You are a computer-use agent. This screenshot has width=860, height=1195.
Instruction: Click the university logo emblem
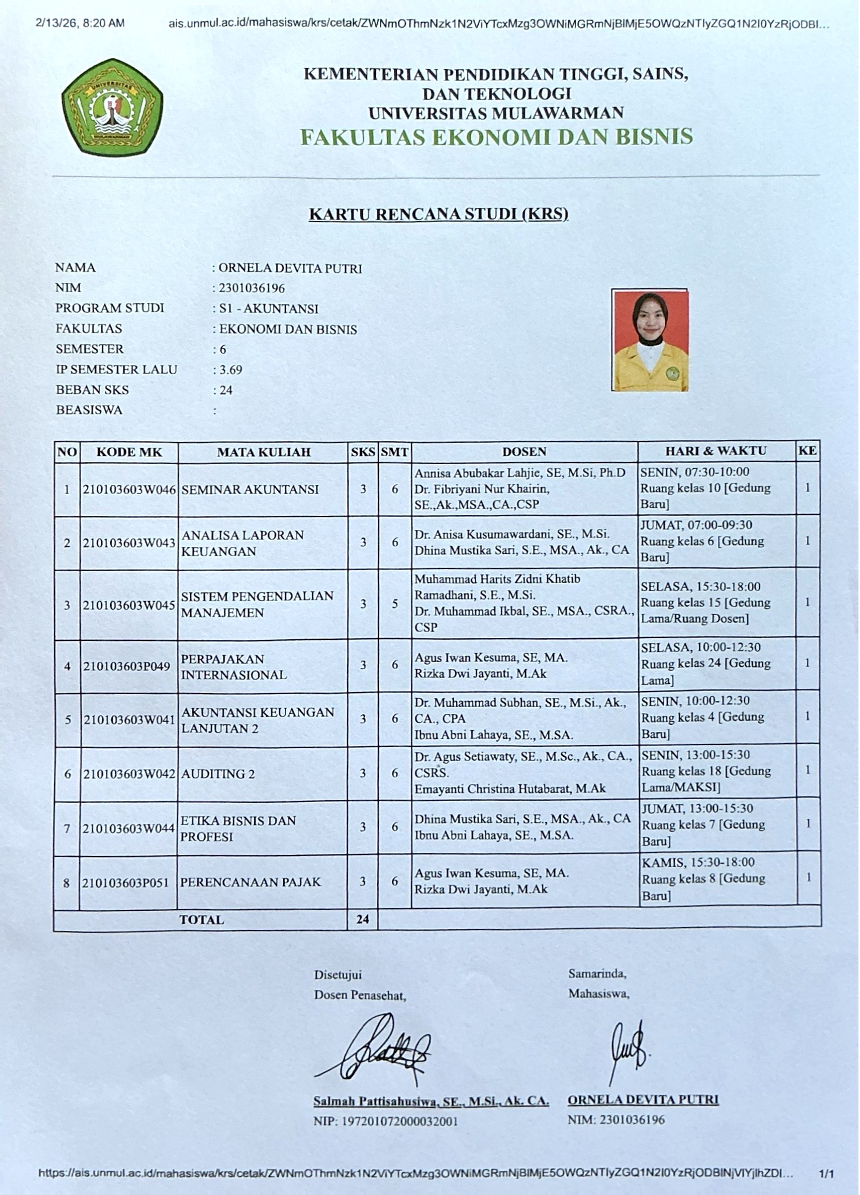click(112, 107)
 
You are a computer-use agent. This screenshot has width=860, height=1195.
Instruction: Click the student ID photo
click(650, 341)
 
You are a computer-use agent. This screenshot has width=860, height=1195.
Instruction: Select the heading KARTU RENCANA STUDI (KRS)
click(438, 214)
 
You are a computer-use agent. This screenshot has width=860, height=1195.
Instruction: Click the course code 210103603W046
click(129, 489)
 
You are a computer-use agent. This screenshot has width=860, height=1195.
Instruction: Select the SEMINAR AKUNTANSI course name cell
click(250, 489)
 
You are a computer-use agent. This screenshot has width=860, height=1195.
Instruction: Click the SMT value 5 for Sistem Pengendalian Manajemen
click(395, 604)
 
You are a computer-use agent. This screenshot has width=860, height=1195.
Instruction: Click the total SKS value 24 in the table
click(362, 920)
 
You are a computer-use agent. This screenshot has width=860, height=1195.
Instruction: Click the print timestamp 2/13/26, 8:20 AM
click(81, 23)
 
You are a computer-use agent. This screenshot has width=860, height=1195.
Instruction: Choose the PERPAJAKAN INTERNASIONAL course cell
click(234, 667)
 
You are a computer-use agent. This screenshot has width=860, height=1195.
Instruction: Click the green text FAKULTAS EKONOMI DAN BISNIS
click(496, 137)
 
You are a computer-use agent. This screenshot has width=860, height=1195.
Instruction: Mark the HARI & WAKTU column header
click(716, 451)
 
